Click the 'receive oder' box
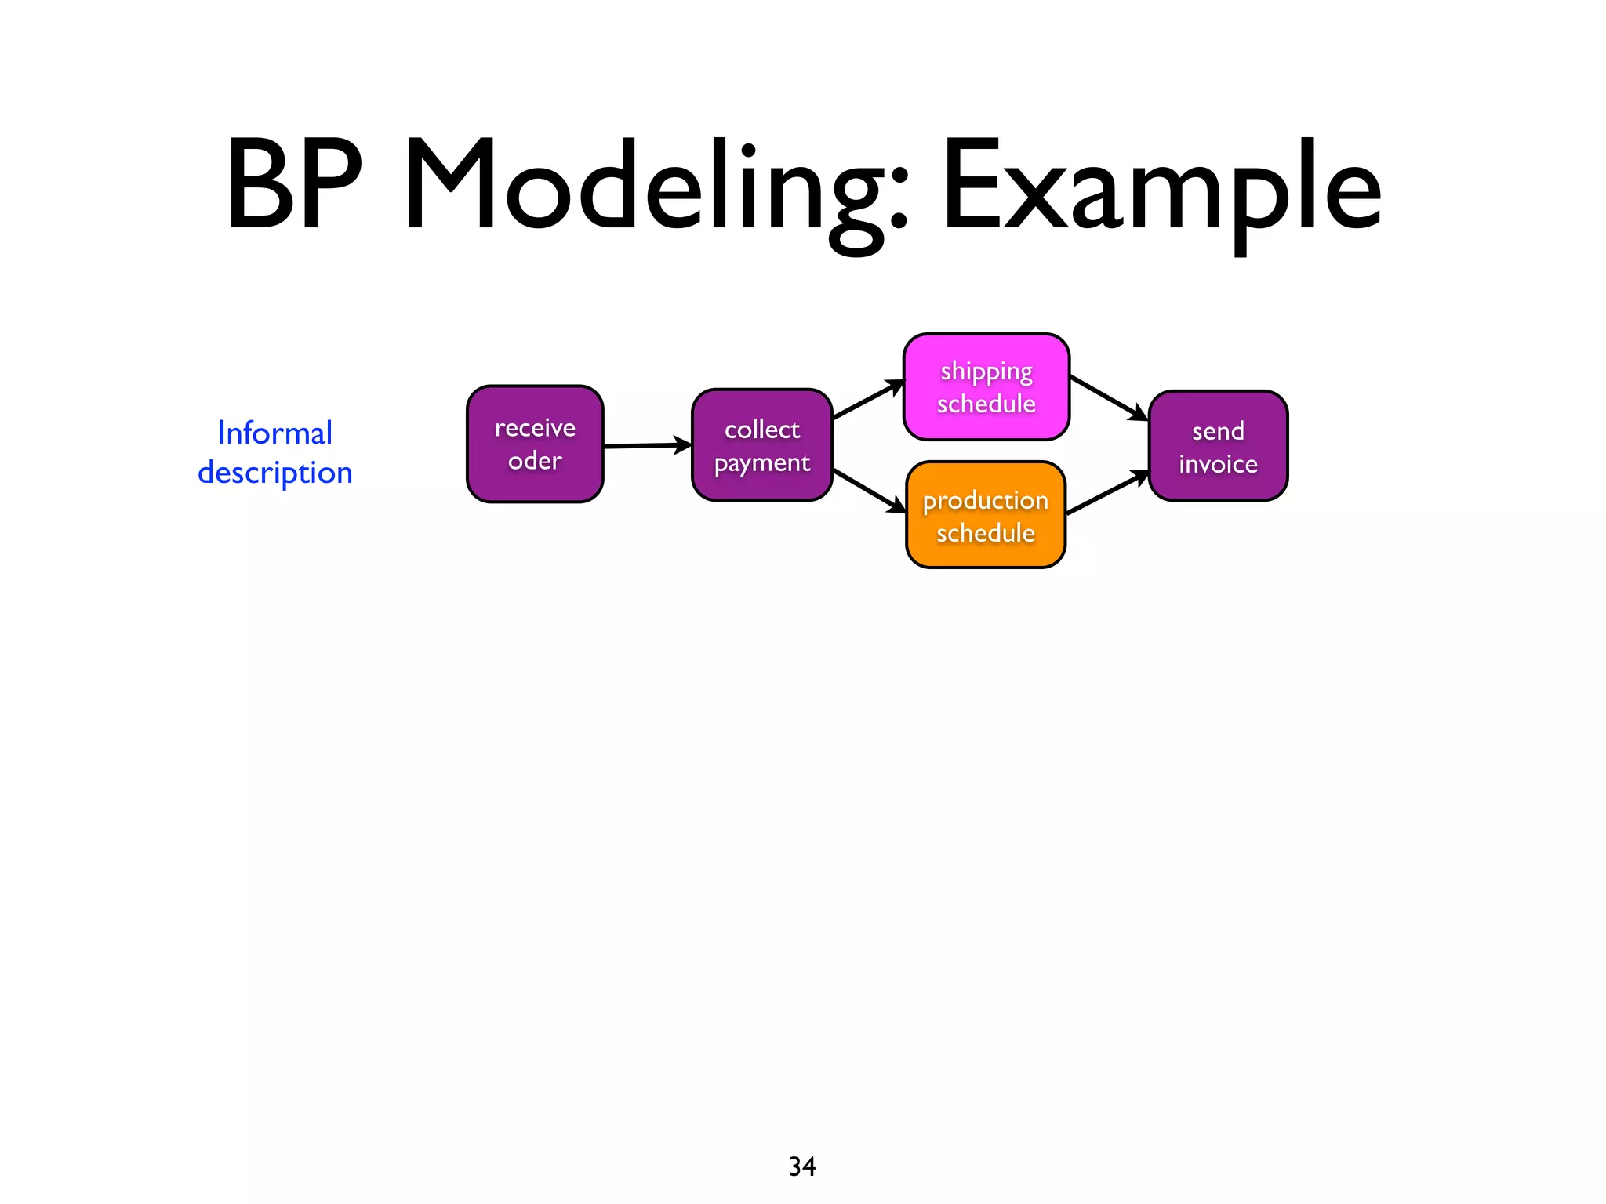pos(535,444)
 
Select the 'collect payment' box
pos(761,445)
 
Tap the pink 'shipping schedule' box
pos(986,386)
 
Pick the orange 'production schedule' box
pos(985,515)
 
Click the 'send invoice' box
pos(1218,446)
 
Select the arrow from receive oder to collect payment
pos(647,445)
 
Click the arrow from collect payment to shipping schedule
pos(868,400)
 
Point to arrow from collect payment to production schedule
pos(869,491)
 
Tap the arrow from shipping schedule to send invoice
pos(1109,398)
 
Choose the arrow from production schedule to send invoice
pos(1107,493)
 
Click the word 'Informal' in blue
pos(275,433)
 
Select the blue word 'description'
pos(275,473)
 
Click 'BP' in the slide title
pos(293,187)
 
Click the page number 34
pos(801,1166)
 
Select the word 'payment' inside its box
pos(761,463)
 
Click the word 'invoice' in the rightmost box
pos(1218,464)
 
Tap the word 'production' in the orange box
pos(985,501)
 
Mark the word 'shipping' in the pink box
pos(986,372)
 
